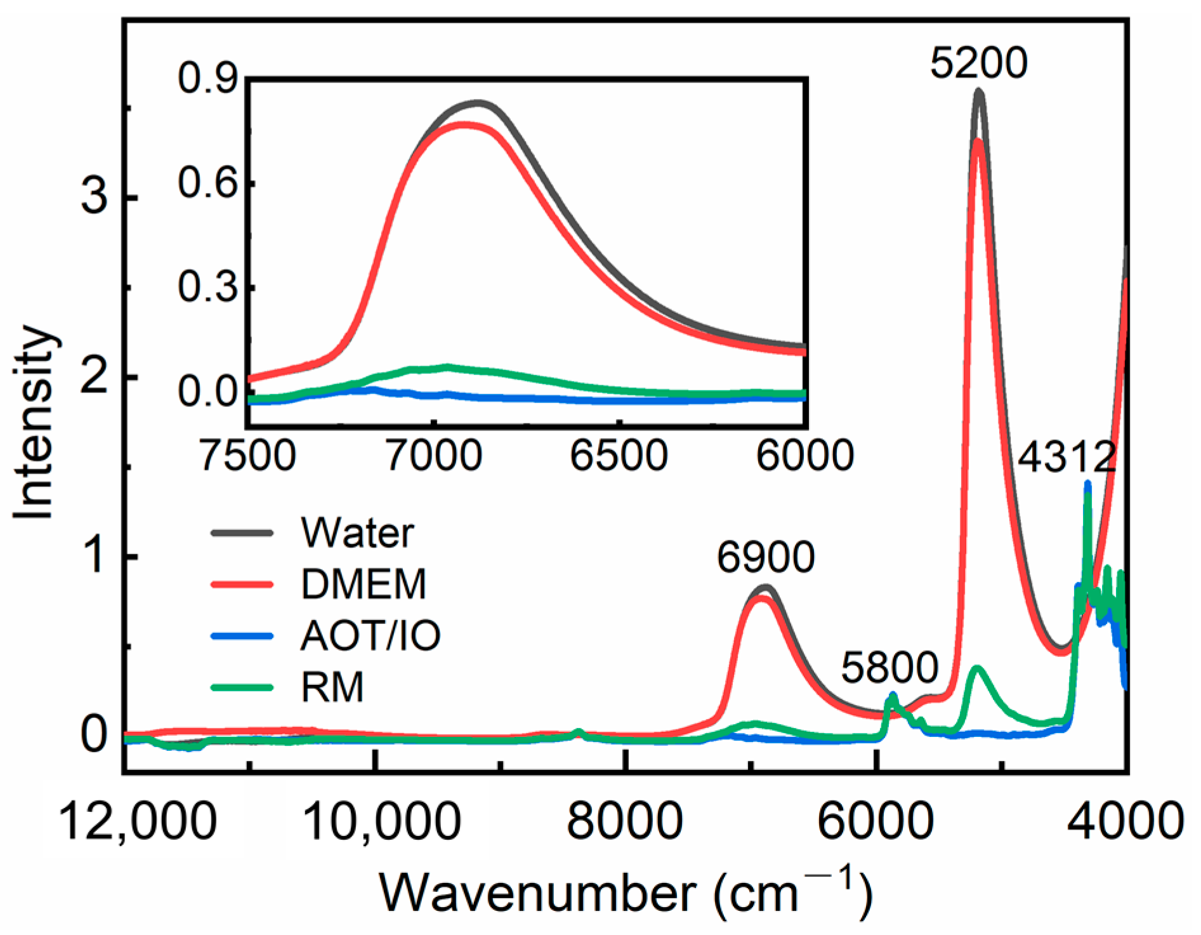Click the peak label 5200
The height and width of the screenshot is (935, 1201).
(978, 63)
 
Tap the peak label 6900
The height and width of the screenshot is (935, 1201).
(766, 557)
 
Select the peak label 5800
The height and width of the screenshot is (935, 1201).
(889, 667)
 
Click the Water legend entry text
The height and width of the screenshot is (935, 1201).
(357, 533)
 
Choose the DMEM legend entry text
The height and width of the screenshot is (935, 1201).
(364, 584)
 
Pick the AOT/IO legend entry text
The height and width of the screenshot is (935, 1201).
(371, 635)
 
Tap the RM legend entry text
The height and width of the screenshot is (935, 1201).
(332, 687)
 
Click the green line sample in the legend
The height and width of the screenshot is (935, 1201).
(242, 687)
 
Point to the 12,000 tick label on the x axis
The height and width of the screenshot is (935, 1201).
(137, 821)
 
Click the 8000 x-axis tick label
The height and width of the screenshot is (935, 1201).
(624, 821)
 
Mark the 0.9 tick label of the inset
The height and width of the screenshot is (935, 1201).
(207, 79)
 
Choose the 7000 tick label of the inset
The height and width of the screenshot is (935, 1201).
(434, 455)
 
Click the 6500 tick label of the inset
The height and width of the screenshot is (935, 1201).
(619, 455)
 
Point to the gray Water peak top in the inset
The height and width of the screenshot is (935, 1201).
(478, 102)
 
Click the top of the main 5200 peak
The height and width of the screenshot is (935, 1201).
(978, 92)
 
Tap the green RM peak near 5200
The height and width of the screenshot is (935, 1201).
(977, 668)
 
